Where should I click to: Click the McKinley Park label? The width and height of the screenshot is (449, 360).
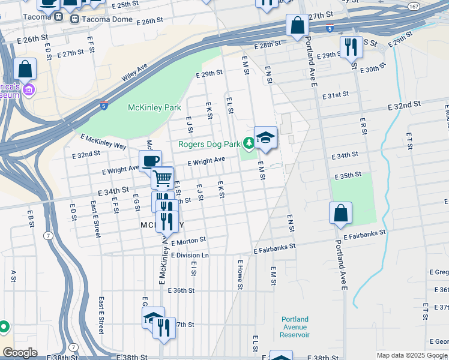154,108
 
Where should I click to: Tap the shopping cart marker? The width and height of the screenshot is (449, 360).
162,177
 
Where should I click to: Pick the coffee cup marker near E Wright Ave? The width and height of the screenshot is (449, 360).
150,160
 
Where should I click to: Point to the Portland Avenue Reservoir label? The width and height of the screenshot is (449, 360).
294,327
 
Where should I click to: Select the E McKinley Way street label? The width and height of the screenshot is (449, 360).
103,142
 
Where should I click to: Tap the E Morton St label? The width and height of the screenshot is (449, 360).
188,239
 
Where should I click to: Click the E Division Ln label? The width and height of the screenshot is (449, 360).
189,255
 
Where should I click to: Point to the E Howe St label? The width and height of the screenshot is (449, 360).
240,275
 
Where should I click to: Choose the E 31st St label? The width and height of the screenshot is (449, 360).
335,95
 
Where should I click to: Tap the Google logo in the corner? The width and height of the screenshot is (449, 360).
20,353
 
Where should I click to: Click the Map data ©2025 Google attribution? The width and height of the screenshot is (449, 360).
411,355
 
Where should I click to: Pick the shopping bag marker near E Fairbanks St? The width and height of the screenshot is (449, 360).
340,213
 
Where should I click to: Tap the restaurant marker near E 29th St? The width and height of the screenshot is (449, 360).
351,46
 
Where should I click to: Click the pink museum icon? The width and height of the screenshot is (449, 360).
29,90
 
